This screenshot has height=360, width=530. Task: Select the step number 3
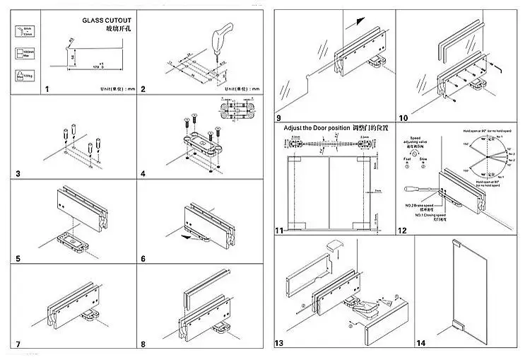(18, 173)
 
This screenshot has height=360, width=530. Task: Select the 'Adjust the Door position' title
(315, 129)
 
